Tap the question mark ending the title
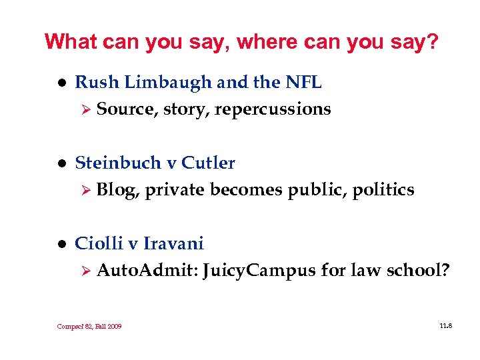pyautogui.click(x=434, y=42)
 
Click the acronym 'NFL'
pyautogui.click(x=303, y=83)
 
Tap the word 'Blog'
pyautogui.click(x=116, y=190)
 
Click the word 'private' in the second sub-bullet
pyautogui.click(x=175, y=190)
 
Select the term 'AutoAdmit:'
pyautogui.click(x=147, y=271)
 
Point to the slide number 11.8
pyautogui.click(x=445, y=325)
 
